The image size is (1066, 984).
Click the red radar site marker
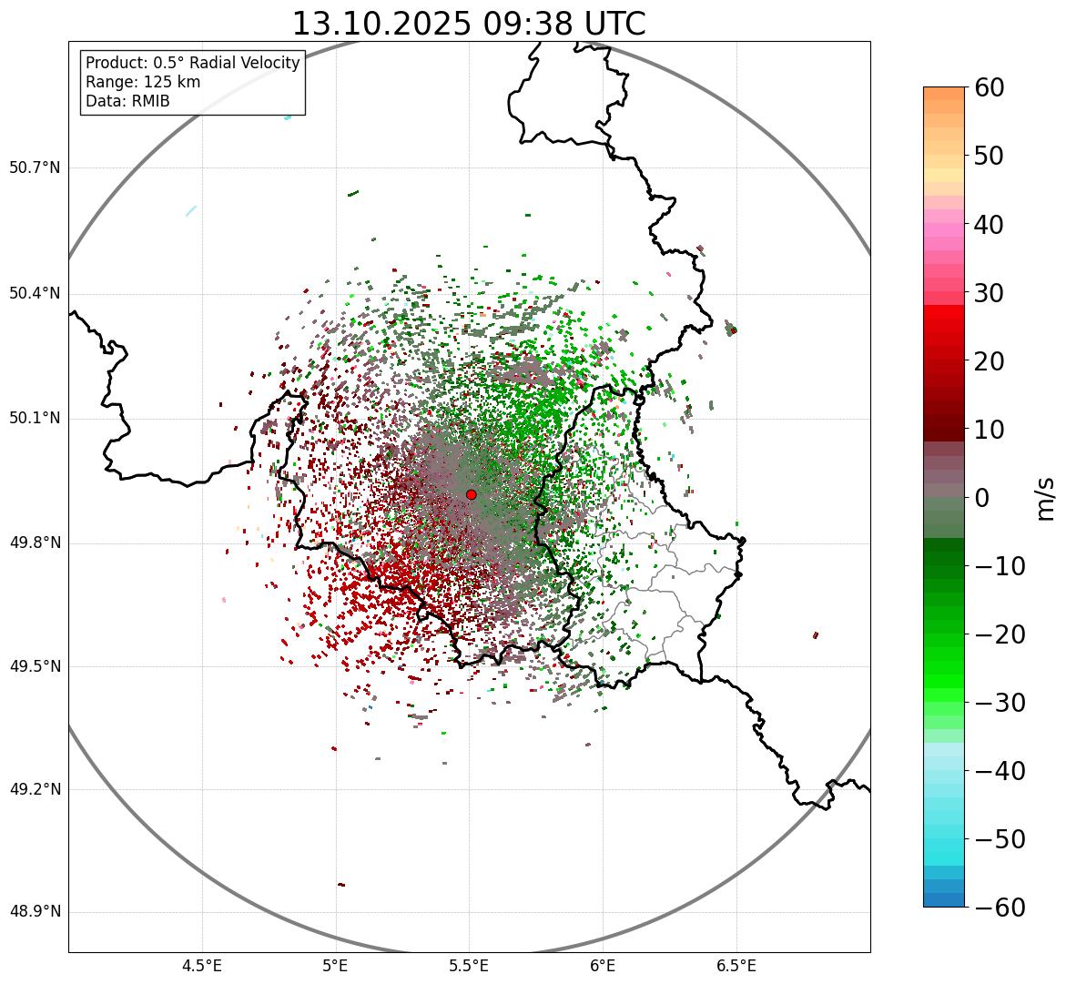point(472,494)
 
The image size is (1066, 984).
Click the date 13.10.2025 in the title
point(381,24)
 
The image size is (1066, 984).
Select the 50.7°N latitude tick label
point(35,168)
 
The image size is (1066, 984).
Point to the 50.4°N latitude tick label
point(35,294)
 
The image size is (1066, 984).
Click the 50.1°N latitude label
point(35,419)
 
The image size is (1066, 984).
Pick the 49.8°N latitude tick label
point(35,543)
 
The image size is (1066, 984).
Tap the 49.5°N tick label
point(35,666)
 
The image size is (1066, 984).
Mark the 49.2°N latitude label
point(35,789)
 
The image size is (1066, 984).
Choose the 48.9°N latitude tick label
point(35,912)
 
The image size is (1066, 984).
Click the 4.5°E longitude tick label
point(202,966)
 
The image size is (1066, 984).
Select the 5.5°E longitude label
point(469,966)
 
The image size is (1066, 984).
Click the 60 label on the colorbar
point(990,87)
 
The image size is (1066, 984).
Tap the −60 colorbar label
point(1000,908)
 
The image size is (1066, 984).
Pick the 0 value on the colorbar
point(982,498)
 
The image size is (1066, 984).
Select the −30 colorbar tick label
point(1000,703)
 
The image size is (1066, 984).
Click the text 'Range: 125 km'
point(143,82)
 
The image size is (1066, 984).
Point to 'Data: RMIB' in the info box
point(127,101)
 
